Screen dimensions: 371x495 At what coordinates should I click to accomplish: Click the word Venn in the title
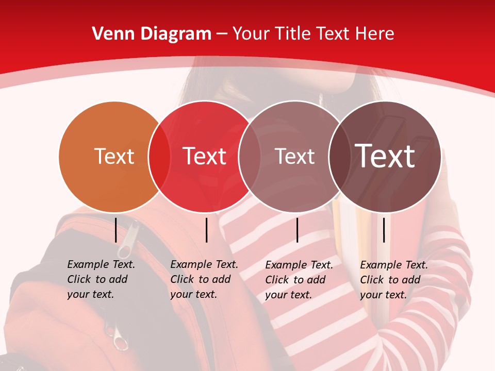(109, 34)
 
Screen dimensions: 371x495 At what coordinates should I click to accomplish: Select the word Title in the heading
(293, 34)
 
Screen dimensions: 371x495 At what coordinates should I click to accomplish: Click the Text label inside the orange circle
(114, 156)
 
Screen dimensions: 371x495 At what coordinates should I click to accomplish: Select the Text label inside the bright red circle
(205, 156)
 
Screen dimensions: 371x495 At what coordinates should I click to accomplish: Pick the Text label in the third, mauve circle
(294, 156)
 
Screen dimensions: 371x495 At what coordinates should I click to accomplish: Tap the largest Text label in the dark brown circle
(385, 156)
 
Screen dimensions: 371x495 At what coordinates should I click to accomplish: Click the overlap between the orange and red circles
(159, 156)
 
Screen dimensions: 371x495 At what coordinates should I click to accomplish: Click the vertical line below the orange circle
(115, 230)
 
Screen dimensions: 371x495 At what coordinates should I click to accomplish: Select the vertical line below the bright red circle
(206, 230)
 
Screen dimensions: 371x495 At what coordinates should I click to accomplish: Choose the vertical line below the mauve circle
(297, 230)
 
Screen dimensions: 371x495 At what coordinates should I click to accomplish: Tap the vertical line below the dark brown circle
(384, 230)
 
